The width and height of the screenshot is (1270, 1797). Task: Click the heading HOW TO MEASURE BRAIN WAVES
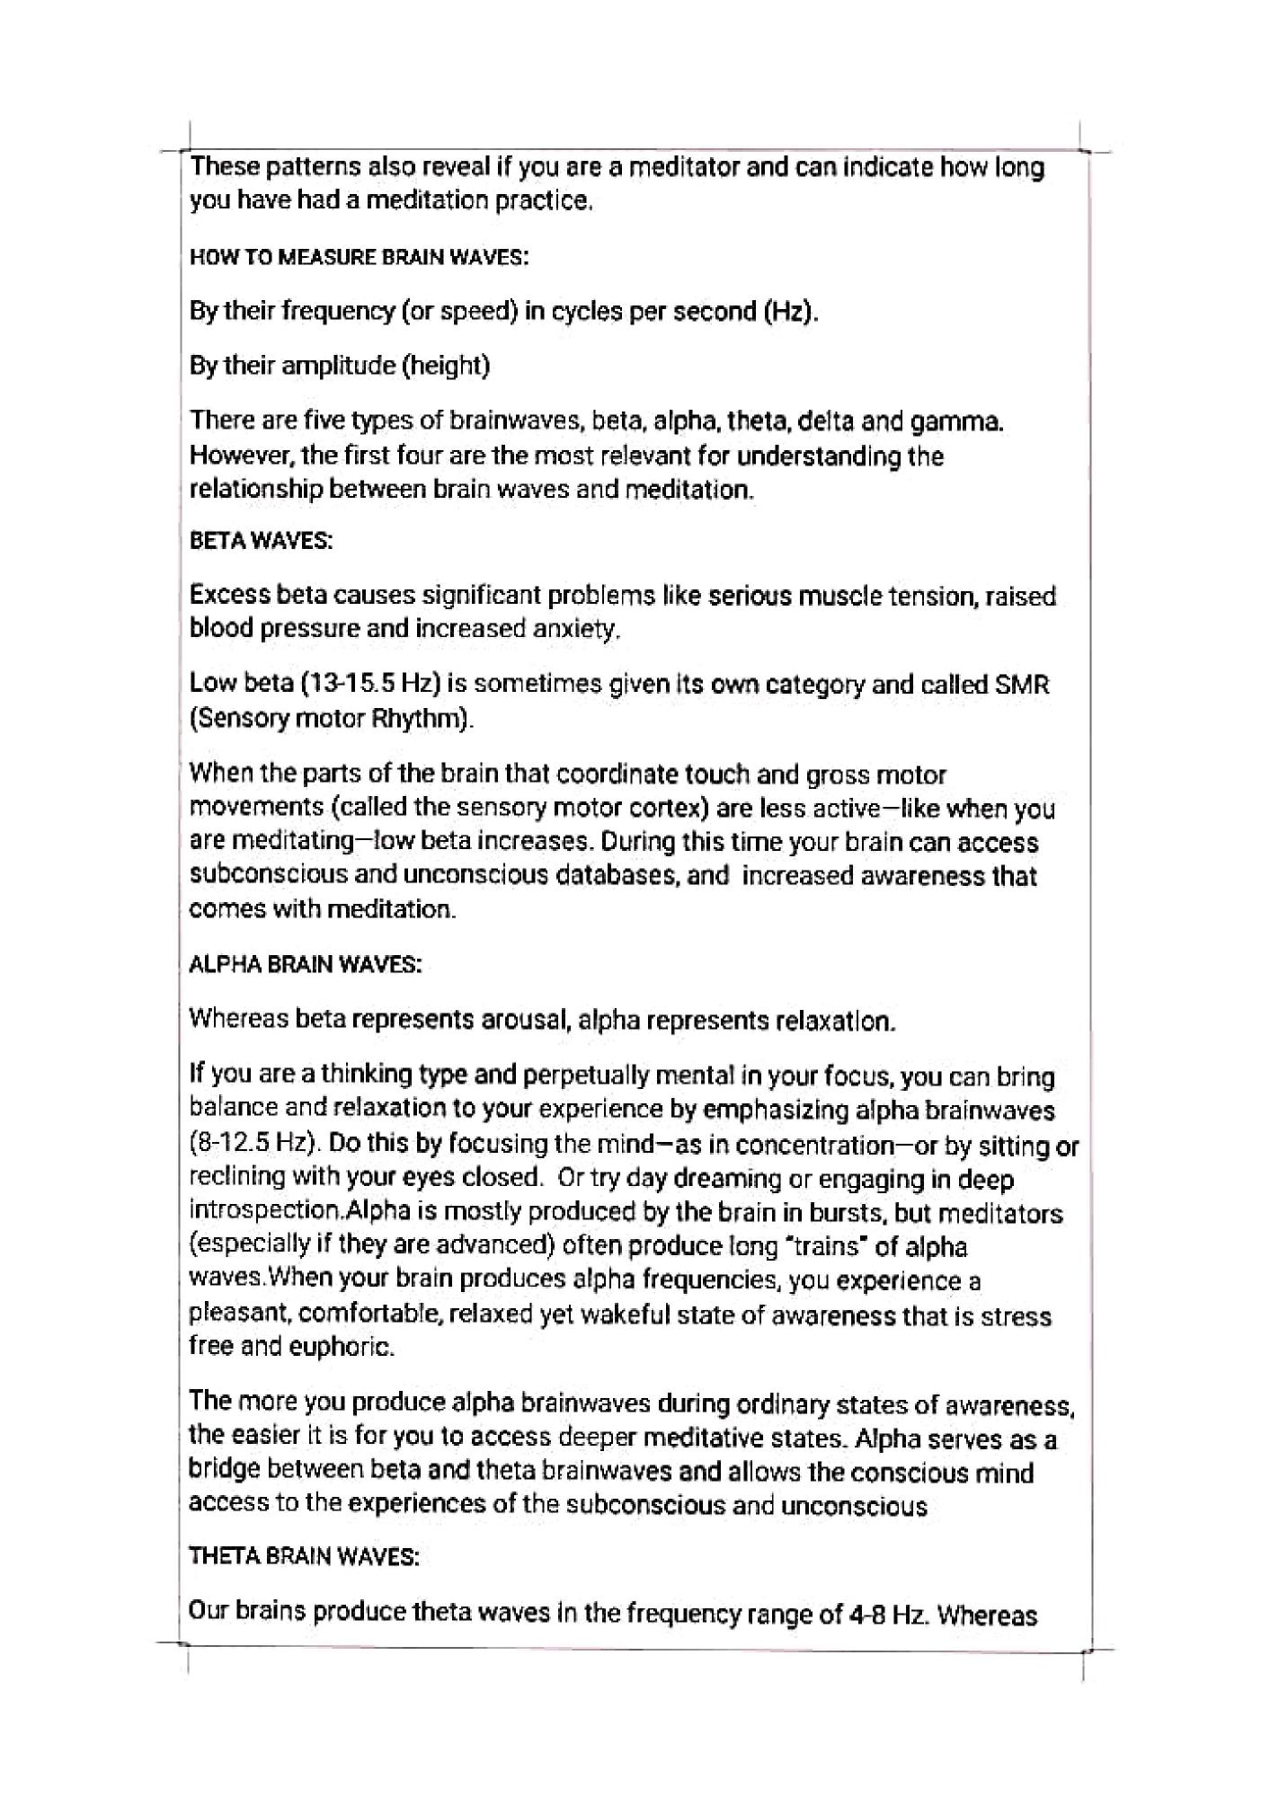(359, 257)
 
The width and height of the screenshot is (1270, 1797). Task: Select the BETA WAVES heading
(262, 542)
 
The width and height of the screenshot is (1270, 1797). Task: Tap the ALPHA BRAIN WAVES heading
(306, 965)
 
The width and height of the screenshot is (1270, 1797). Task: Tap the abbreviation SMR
(1022, 686)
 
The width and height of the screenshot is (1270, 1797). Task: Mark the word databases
(608, 876)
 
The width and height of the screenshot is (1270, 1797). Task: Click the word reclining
(237, 1177)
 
